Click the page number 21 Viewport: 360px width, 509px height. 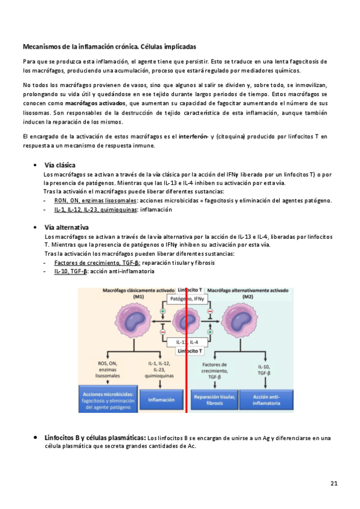334,483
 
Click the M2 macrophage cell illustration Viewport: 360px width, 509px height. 247,325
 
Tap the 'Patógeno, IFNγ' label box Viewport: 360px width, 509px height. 188,298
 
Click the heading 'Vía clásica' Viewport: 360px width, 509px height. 60,165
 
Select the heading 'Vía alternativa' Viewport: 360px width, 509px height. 66,227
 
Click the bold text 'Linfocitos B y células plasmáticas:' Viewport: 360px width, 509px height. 95,438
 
